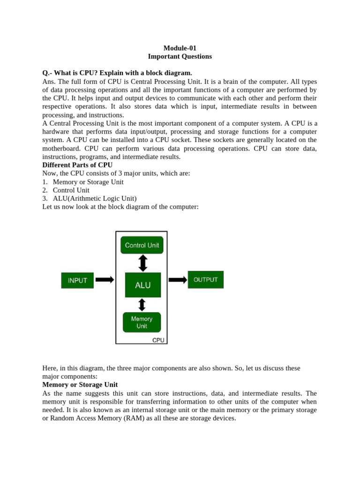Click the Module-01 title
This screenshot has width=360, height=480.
tap(180, 48)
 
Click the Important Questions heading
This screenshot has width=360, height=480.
tap(180, 56)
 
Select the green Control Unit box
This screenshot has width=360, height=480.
tap(142, 245)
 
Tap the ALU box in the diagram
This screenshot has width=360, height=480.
tap(143, 285)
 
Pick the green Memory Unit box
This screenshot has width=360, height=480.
tap(142, 322)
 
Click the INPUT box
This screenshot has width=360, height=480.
tap(77, 280)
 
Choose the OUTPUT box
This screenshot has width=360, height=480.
tap(205, 280)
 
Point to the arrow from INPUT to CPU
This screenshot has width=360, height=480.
tap(105, 280)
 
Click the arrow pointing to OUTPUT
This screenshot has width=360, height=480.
tap(178, 280)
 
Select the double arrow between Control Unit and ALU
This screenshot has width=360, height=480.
tap(143, 263)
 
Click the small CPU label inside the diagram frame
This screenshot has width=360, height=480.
tap(158, 340)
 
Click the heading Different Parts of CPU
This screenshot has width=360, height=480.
tap(77, 165)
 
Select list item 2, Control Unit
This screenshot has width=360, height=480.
tap(71, 190)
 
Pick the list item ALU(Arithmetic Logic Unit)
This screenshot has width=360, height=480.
tap(95, 198)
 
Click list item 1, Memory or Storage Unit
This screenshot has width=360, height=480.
tap(88, 182)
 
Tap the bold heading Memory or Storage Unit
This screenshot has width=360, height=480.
tap(80, 385)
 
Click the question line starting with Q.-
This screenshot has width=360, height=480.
tap(117, 73)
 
